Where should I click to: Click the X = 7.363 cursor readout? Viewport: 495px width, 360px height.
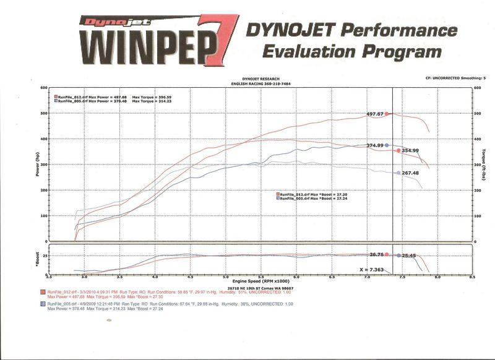pos(372,270)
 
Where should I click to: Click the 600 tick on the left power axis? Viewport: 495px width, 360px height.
pos(44,88)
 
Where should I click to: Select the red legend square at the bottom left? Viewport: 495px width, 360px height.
pos(43,291)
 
